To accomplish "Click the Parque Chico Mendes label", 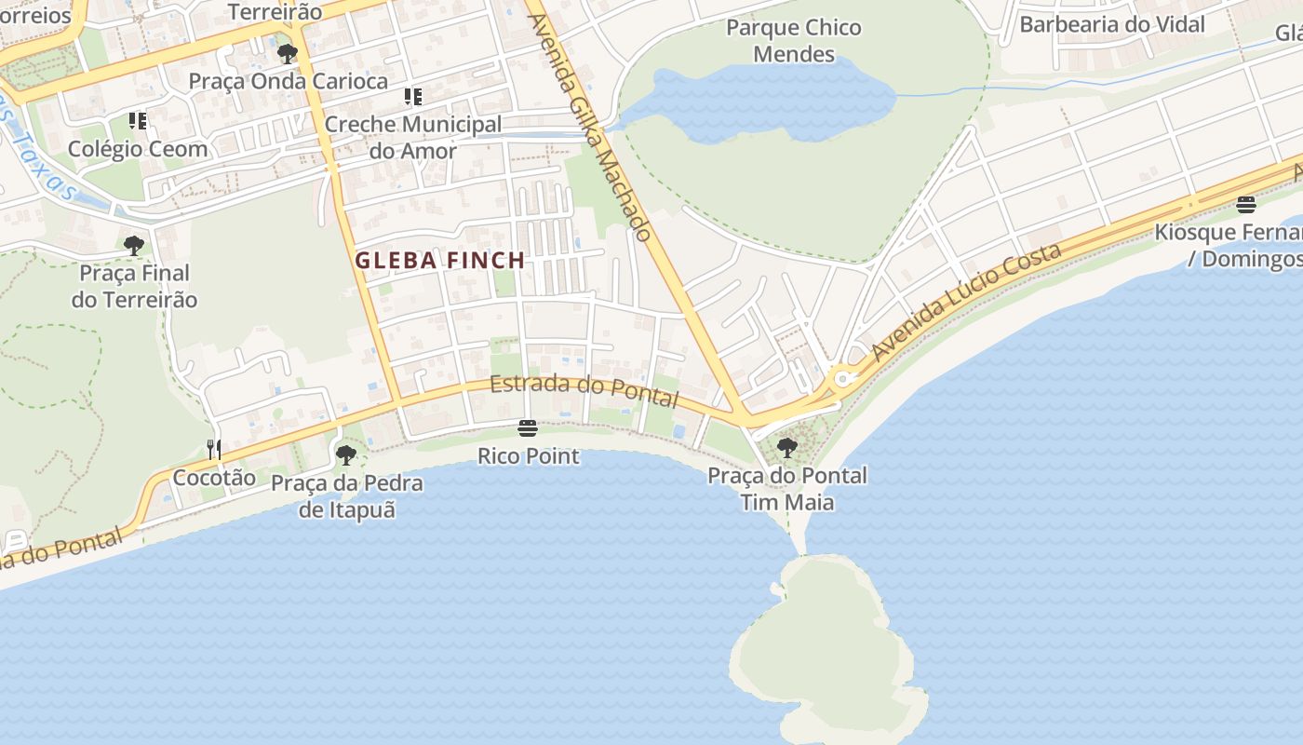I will click(x=794, y=41).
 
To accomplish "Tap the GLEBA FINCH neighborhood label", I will click(x=440, y=261).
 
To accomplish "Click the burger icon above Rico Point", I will click(x=528, y=428).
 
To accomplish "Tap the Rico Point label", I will click(x=528, y=456).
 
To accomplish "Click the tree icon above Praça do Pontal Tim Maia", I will click(x=786, y=448).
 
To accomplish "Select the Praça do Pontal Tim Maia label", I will click(x=786, y=489).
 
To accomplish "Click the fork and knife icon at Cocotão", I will click(x=214, y=450).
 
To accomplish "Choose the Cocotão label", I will click(x=214, y=478).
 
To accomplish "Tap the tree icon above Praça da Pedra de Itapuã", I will click(x=346, y=455).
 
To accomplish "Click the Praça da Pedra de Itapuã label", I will click(x=346, y=496).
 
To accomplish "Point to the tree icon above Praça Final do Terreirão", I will click(x=134, y=246).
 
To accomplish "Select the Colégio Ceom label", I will click(x=138, y=149).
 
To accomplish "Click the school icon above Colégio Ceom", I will click(x=138, y=121).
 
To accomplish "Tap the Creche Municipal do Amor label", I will click(x=412, y=137).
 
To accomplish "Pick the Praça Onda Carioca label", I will click(x=289, y=81).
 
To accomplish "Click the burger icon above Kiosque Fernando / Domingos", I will click(x=1246, y=205).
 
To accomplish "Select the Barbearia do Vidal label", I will click(x=1111, y=24).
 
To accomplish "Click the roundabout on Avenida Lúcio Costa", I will click(x=844, y=379).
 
